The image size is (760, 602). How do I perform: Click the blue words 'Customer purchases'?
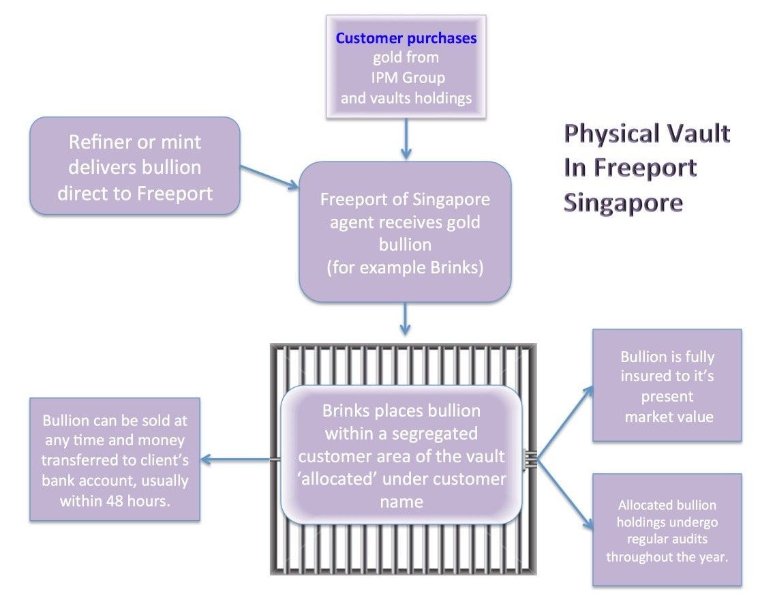pos(406,38)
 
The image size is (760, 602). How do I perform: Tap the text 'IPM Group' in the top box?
pos(406,78)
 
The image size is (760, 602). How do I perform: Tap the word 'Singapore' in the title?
pos(623,202)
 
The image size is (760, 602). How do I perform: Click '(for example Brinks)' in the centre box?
pos(405,267)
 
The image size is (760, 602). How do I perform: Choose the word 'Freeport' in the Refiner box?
pos(174,193)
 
